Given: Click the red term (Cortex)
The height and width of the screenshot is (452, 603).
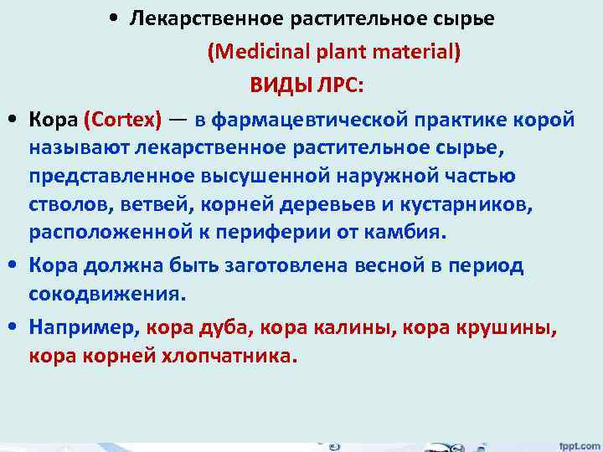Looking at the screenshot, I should click(122, 119).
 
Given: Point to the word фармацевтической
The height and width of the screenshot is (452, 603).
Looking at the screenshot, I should click(308, 119).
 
